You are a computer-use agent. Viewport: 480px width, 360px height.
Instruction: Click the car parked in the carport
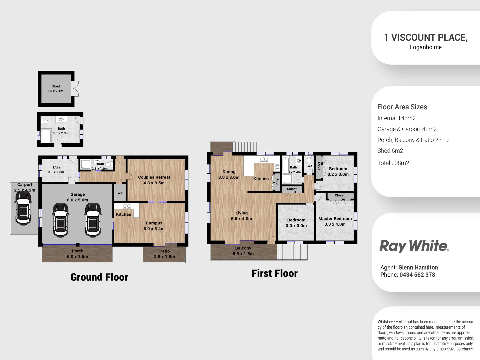(x=23, y=208)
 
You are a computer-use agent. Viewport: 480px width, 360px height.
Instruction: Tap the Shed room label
(x=56, y=89)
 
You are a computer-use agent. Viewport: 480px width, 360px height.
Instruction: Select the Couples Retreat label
(x=154, y=180)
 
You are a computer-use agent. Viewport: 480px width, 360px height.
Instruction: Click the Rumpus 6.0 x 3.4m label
(x=154, y=226)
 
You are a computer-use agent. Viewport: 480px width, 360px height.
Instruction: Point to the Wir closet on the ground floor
(x=120, y=193)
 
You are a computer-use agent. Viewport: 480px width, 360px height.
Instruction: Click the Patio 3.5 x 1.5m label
(x=164, y=254)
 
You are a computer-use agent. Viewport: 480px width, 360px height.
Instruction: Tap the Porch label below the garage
(x=77, y=251)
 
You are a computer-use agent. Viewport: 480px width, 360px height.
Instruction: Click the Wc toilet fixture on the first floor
(x=309, y=160)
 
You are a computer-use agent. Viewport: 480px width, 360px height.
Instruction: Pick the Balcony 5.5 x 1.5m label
(x=243, y=251)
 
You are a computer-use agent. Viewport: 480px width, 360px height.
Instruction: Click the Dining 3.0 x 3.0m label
(x=229, y=174)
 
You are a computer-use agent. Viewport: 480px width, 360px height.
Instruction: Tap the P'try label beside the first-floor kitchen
(x=277, y=182)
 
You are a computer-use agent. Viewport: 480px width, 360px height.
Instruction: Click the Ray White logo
(x=414, y=246)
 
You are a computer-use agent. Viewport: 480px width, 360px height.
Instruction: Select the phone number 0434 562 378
(x=417, y=275)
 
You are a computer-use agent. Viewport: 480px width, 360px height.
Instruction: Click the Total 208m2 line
(x=393, y=163)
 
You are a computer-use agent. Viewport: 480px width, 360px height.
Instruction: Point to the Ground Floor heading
(x=99, y=277)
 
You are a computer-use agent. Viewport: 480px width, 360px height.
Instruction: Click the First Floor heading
(x=274, y=273)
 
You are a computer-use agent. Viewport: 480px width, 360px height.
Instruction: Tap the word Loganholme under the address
(x=426, y=47)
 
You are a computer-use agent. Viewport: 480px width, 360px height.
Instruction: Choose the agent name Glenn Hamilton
(x=418, y=267)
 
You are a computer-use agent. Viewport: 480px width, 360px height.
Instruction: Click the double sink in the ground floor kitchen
(x=127, y=206)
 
